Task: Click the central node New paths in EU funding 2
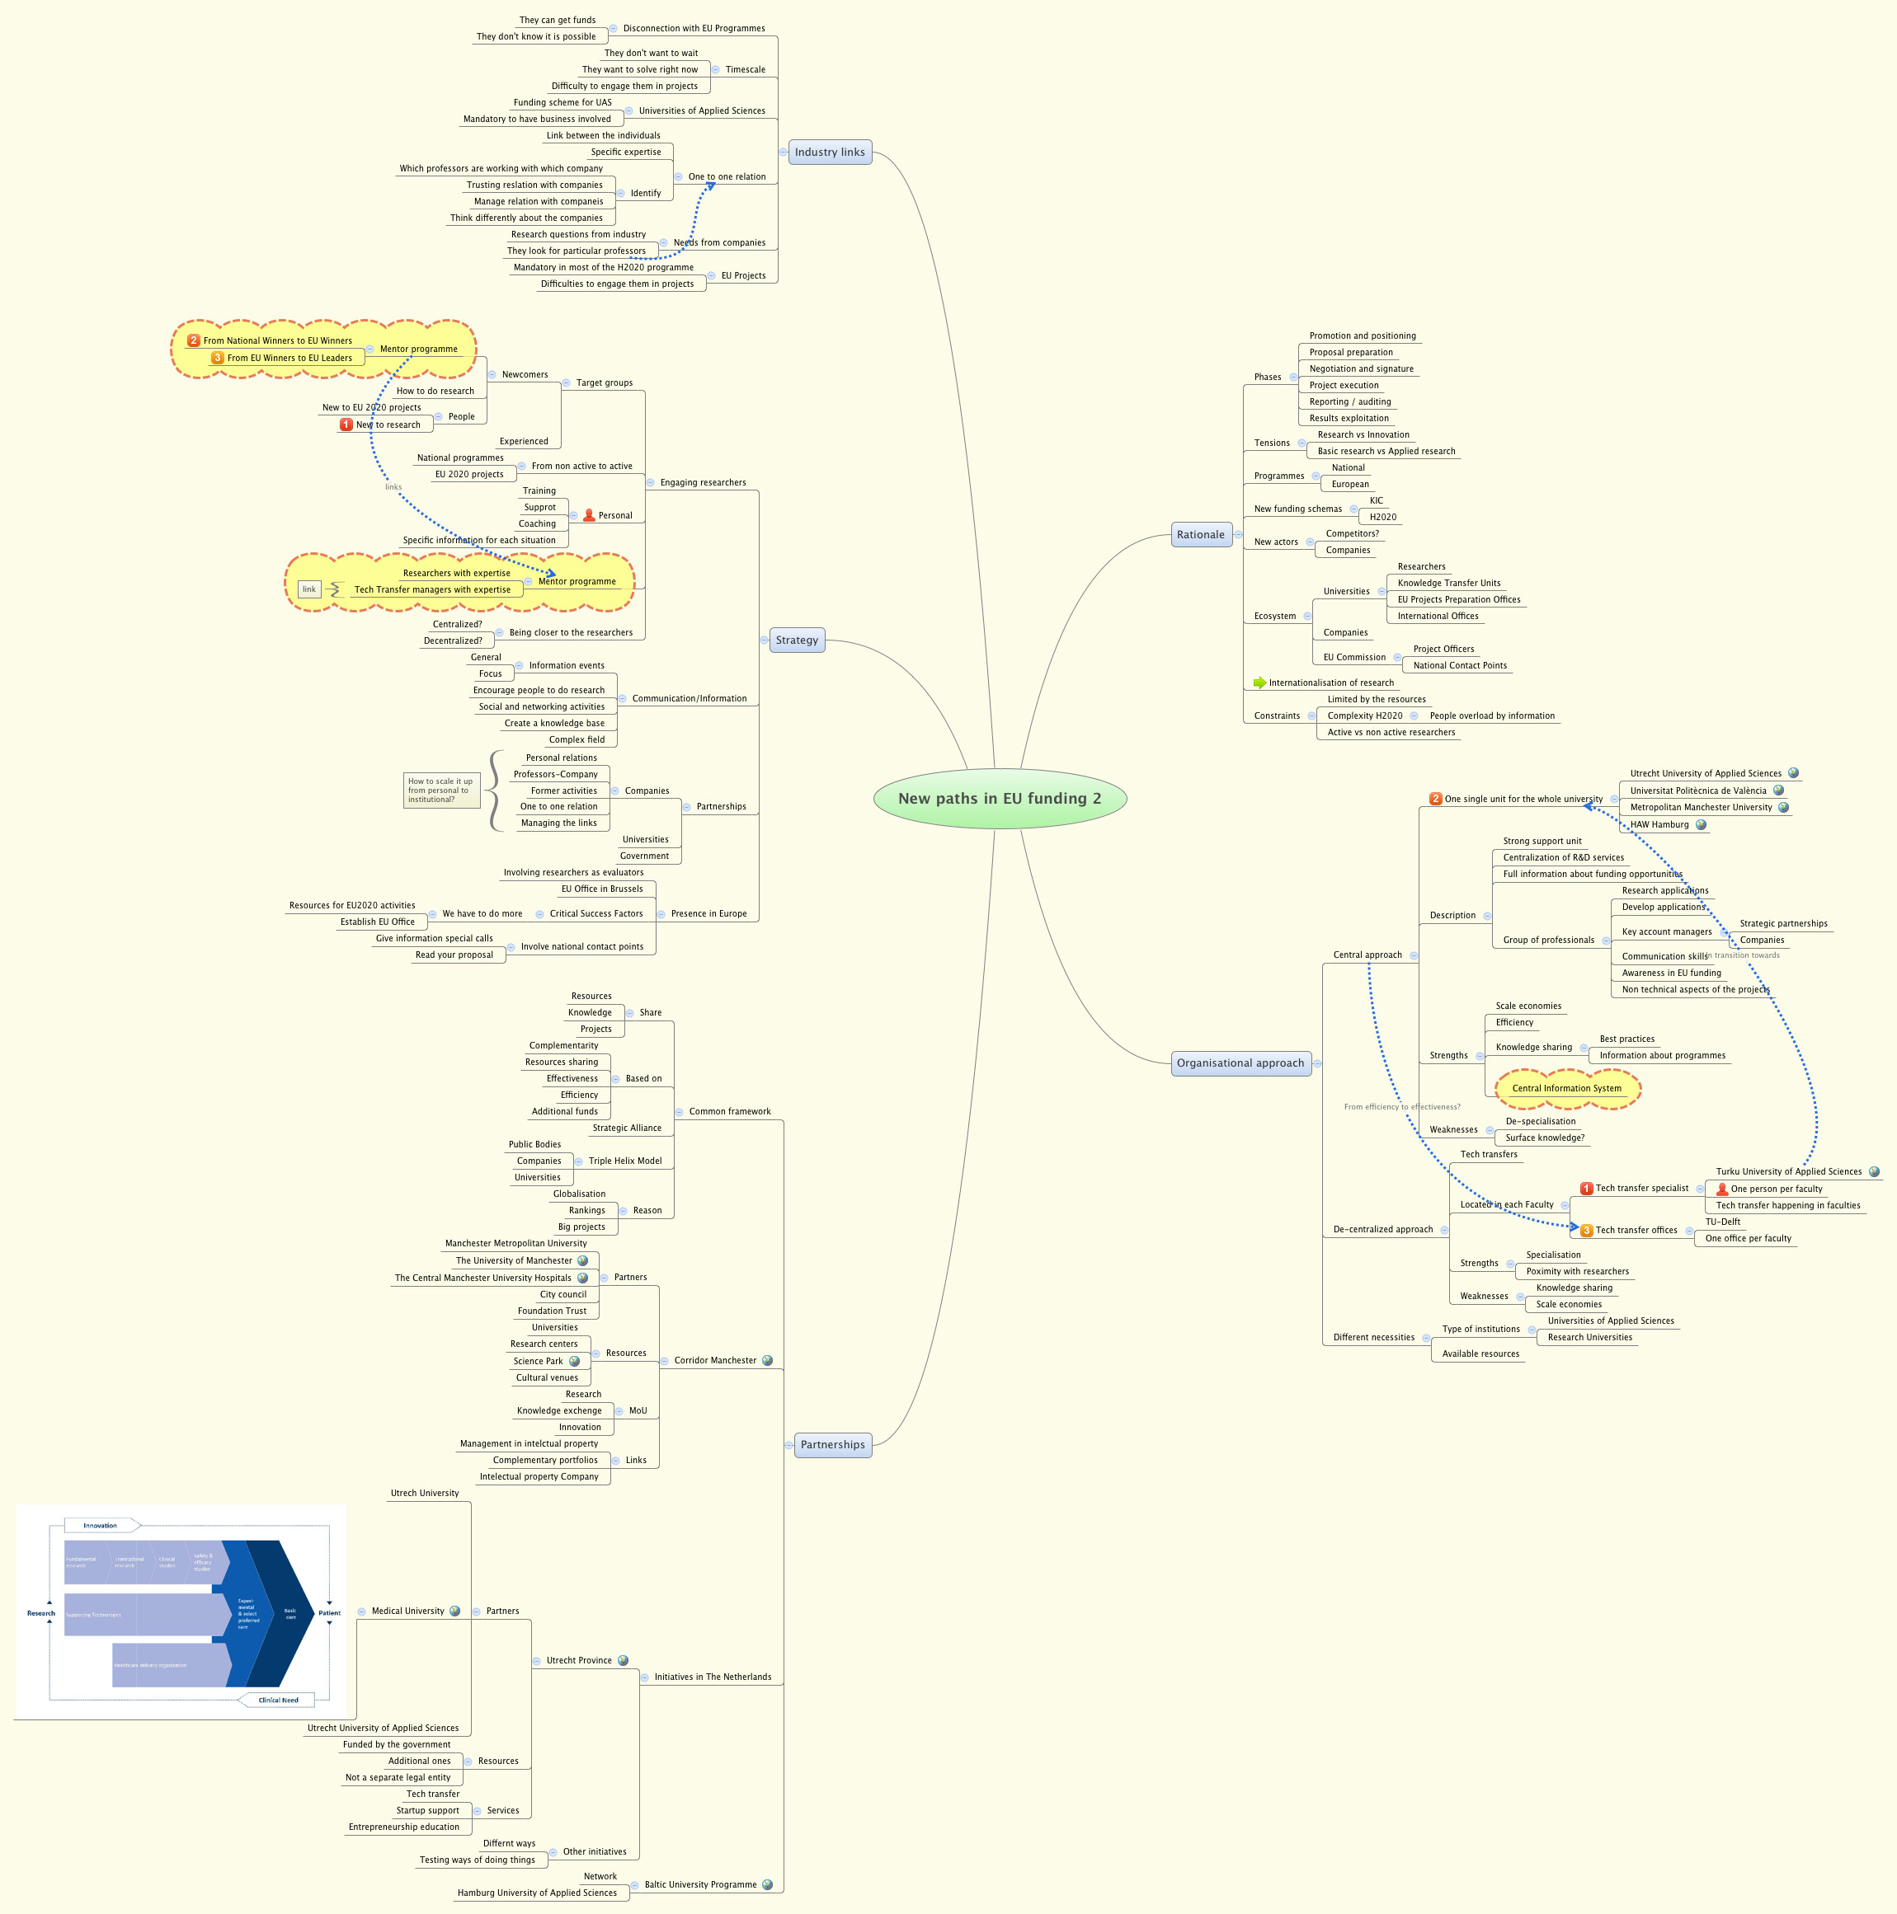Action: tap(999, 799)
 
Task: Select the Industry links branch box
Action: tap(830, 152)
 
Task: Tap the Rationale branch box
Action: tap(1200, 535)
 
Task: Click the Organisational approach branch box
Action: tap(1240, 1063)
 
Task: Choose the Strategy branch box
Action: tap(797, 640)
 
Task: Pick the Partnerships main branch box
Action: tap(832, 1444)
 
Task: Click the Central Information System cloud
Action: tap(1567, 1088)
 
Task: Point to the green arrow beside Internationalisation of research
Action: tap(1259, 683)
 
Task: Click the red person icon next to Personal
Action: tap(589, 515)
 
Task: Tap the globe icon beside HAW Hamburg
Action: tap(1701, 824)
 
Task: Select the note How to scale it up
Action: tap(441, 790)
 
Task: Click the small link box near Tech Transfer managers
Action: tap(309, 589)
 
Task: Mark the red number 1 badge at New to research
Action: tap(346, 424)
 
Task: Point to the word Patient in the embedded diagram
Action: tap(329, 1613)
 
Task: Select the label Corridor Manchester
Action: tap(714, 1360)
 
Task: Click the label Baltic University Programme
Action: tap(699, 1884)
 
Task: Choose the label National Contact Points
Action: tap(1459, 666)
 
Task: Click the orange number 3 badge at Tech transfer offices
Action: tap(1586, 1231)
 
